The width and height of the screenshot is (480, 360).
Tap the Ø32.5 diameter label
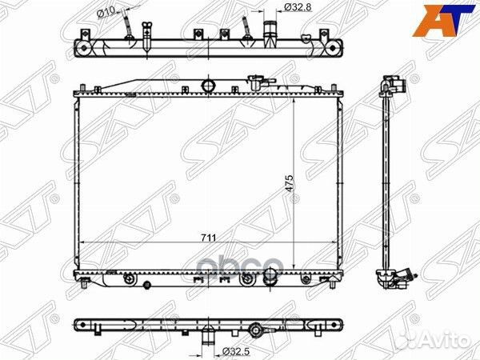tap(233, 351)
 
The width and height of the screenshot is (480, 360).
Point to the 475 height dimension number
tap(290, 182)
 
